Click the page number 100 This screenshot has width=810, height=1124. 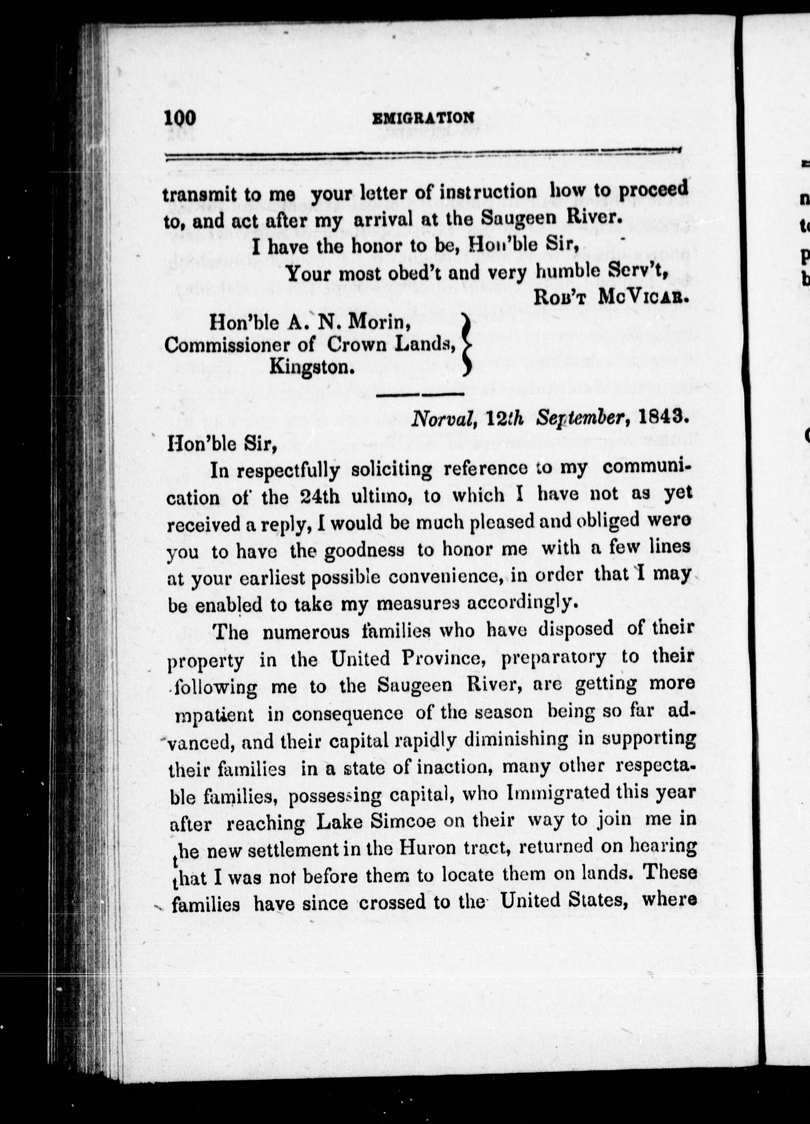tap(180, 119)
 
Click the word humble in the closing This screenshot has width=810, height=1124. tap(568, 272)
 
